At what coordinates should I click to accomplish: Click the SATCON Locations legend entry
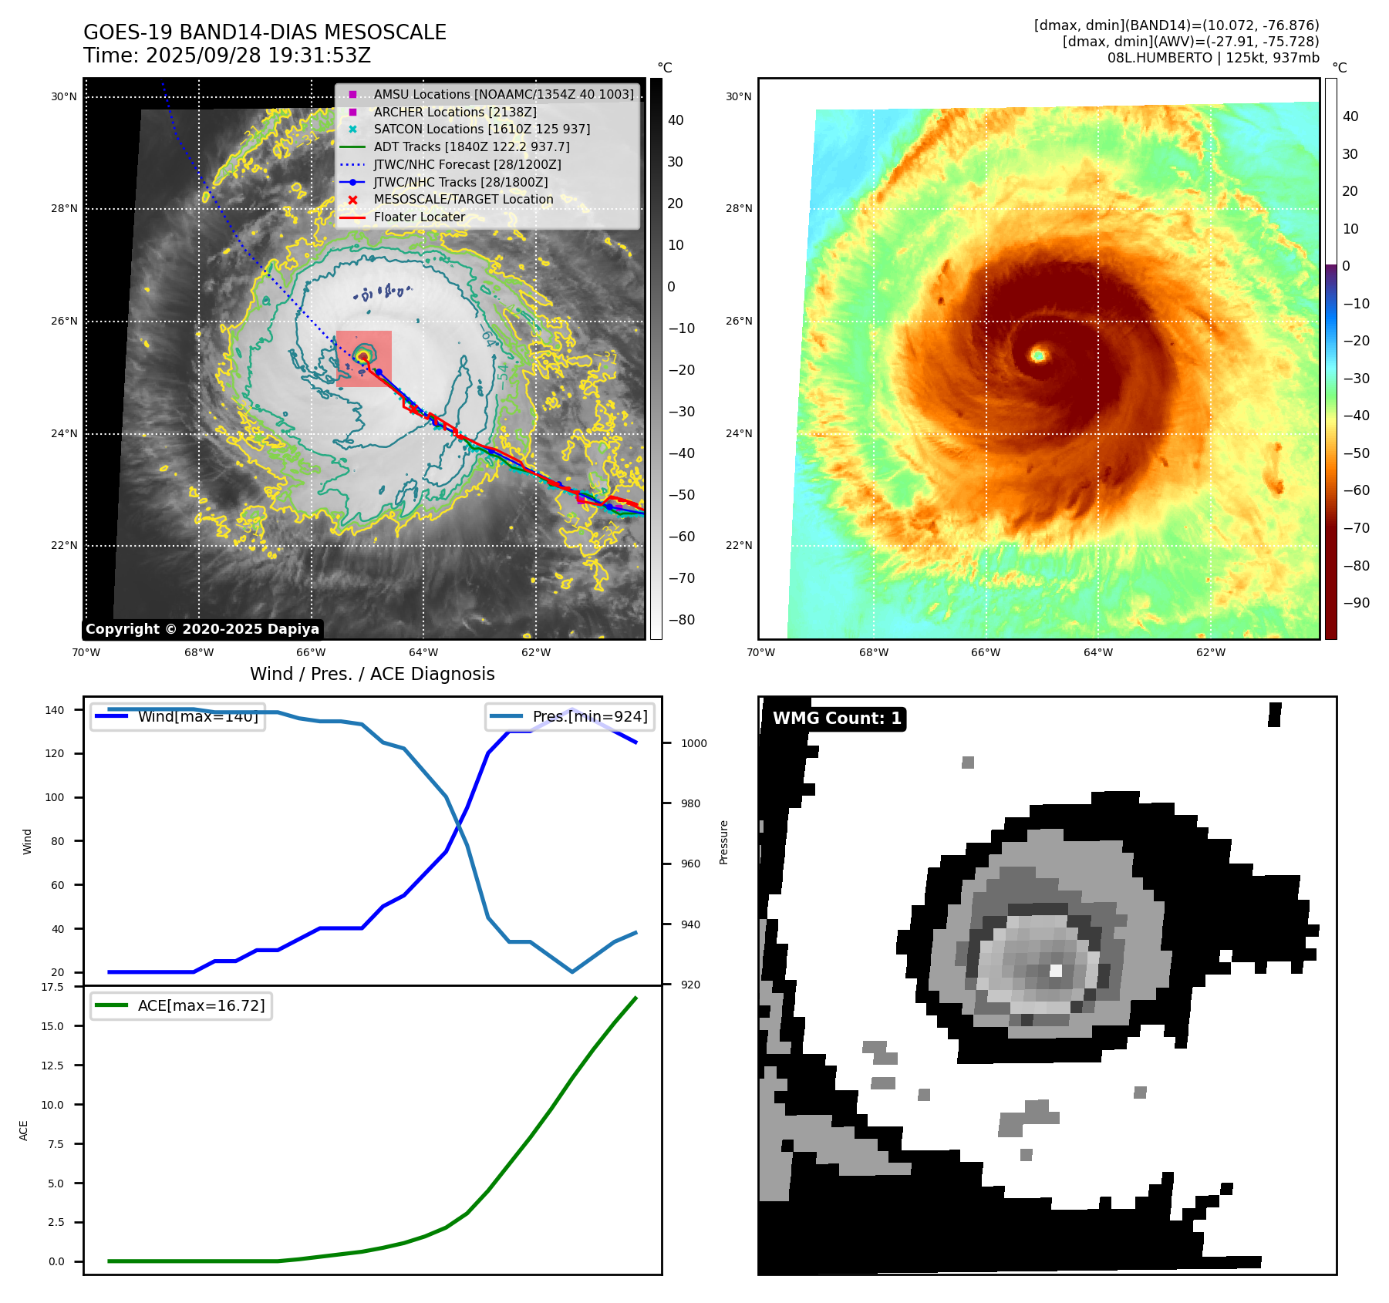tap(481, 130)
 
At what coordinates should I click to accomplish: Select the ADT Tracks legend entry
tap(471, 146)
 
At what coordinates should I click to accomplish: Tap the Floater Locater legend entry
tap(419, 217)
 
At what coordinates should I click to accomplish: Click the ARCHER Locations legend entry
tap(455, 112)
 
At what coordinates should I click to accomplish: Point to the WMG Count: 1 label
tap(837, 719)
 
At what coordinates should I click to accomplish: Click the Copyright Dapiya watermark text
tap(202, 629)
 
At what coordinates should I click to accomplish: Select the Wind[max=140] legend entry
tap(197, 717)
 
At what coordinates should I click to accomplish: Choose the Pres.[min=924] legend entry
tap(589, 717)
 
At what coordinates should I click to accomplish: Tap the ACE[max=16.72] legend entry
tap(201, 1005)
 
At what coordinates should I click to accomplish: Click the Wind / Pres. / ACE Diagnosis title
tap(373, 674)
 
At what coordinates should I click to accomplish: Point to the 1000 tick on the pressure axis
tap(693, 743)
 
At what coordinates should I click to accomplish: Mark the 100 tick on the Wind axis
tap(54, 797)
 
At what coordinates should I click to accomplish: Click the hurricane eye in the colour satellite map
tap(1039, 355)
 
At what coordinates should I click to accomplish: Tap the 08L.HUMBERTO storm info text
tap(1213, 58)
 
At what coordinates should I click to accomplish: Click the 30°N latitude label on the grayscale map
tap(64, 97)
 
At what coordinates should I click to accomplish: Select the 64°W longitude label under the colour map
tap(1098, 653)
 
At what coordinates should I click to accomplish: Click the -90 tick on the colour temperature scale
tap(1356, 603)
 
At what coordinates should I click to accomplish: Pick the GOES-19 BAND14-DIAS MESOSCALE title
tap(265, 32)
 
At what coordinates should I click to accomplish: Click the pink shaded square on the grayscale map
tap(364, 359)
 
